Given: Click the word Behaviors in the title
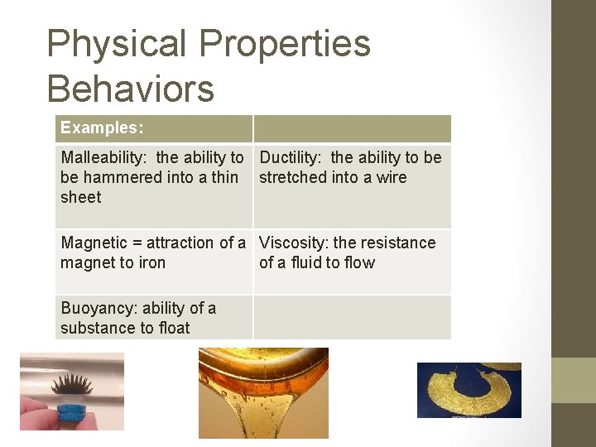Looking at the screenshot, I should pos(130,89).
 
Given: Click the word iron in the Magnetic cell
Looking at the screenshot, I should pos(151,262).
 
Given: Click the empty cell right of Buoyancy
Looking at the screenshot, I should pos(352,317).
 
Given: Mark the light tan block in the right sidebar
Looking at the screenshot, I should pos(574,380).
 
